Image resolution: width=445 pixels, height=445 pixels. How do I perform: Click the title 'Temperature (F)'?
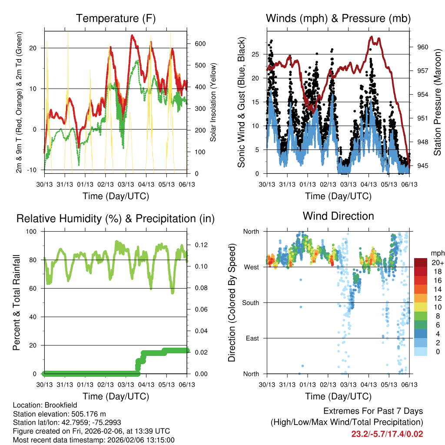tap(116, 18)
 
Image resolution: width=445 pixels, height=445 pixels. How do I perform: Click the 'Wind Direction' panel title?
tap(338, 216)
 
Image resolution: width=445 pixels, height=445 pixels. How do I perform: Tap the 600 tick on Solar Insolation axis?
tap(200, 44)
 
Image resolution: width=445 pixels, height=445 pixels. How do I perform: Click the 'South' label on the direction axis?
tap(251, 302)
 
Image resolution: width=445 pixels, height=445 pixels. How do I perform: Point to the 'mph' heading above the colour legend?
tap(437, 253)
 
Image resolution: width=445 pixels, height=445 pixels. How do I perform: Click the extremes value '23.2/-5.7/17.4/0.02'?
tap(387, 434)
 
